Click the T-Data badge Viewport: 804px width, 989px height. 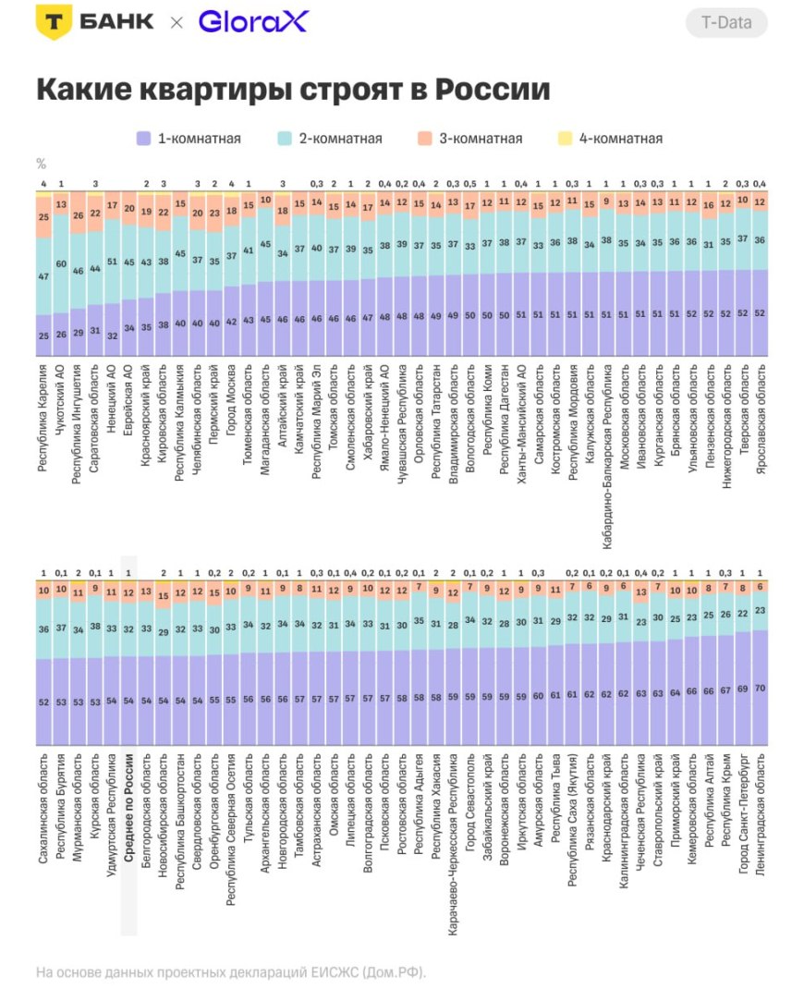[x=726, y=23]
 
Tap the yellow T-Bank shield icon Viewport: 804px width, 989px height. [x=53, y=23]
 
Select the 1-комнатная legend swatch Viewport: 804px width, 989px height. [x=143, y=139]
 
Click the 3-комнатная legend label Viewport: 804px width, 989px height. [x=481, y=139]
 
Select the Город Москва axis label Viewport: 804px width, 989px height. [x=231, y=403]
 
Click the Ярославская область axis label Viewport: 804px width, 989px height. [x=761, y=421]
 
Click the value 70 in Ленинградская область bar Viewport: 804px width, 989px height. [x=761, y=688]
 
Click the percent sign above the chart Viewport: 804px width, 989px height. [x=41, y=164]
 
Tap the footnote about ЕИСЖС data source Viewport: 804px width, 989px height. [x=231, y=972]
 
